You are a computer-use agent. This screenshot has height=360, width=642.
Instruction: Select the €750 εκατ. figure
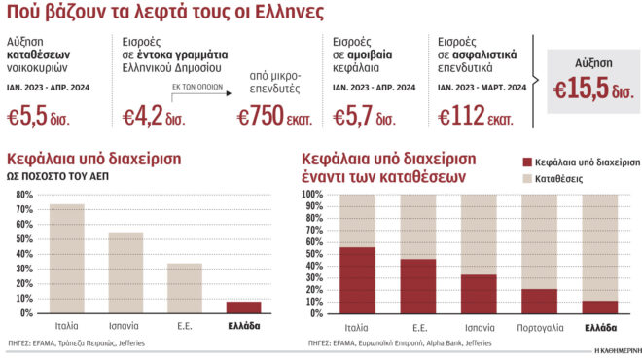pos(272,117)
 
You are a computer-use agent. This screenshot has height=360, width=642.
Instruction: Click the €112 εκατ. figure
pos(477,117)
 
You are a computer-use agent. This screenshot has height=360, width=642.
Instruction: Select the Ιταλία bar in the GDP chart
pos(67,259)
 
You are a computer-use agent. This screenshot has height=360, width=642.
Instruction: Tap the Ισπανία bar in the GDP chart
pos(125,272)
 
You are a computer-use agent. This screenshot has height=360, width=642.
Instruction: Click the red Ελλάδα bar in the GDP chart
pos(243,307)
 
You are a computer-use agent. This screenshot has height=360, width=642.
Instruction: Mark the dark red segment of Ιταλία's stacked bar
pos(358,280)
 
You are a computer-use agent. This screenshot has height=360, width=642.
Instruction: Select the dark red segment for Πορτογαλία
pos(539,301)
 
